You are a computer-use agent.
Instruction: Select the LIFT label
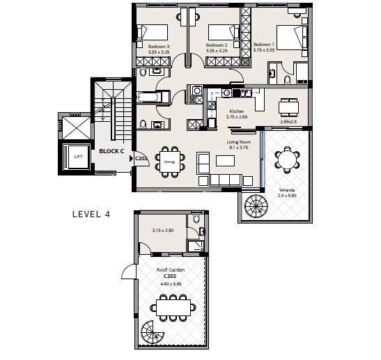point(78,157)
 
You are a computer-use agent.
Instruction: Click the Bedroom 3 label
point(159,48)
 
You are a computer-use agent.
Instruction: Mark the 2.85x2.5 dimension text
point(288,121)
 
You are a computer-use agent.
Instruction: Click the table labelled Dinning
point(169,161)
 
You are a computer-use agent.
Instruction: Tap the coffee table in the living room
point(226,161)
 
